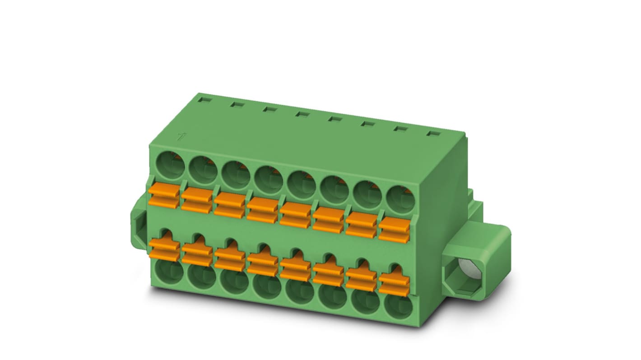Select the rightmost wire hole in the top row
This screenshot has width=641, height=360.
point(400,200)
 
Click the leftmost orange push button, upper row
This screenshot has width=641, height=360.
point(164,196)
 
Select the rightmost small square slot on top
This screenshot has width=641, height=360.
point(433,134)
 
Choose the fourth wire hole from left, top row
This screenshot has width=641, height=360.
point(269,180)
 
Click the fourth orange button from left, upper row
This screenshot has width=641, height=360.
point(262,210)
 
